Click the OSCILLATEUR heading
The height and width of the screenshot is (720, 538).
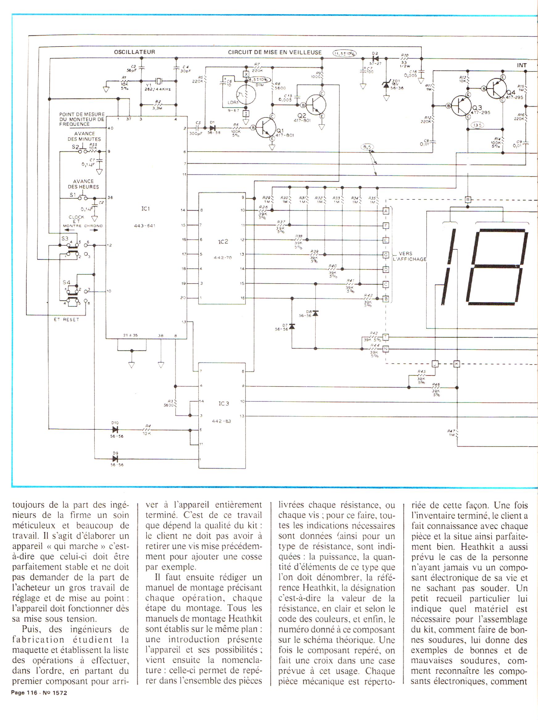pos(134,52)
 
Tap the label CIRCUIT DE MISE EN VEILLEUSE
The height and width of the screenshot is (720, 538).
pos(275,52)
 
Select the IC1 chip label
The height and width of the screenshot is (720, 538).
pos(146,209)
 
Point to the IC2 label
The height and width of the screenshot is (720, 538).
pos(223,242)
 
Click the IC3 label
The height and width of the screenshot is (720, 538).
pos(223,404)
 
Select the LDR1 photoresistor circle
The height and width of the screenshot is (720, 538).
pos(246,94)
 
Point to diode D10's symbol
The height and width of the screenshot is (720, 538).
pos(115,430)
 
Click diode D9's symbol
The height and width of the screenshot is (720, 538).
pos(115,459)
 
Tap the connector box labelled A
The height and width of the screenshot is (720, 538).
pos(386,211)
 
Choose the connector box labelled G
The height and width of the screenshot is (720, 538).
pos(386,255)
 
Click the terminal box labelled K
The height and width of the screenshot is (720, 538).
pos(456,364)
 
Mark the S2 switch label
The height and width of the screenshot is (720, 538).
pos(75,147)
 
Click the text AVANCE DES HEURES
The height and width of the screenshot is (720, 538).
pos(83,184)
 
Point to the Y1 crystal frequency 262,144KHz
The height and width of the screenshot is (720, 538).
pos(158,89)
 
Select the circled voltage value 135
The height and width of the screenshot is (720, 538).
pos(477,125)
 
